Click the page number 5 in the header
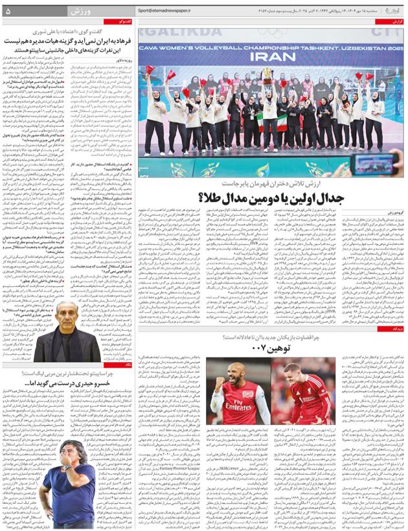coord(8,12)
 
